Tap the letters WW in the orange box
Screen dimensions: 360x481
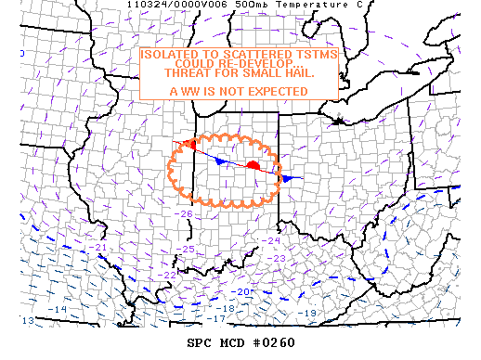pos(193,91)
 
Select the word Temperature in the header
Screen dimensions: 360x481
pos(288,5)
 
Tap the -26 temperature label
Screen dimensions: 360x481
pos(186,214)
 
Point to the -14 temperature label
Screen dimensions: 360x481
pos(58,308)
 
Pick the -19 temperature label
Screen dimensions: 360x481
pos(309,313)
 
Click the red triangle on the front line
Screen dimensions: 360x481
pos(188,144)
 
